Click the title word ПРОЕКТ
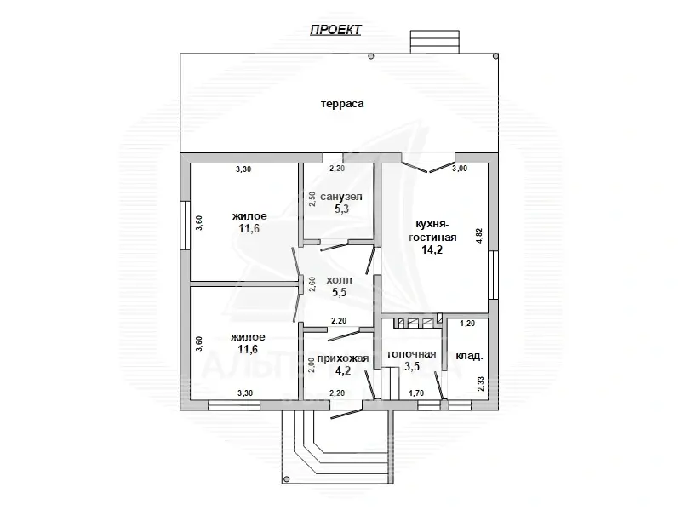tap(335, 30)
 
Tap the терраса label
tap(342, 104)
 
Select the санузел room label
tap(341, 197)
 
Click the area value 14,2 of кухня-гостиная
tap(432, 249)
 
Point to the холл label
tap(339, 280)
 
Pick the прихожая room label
tap(343, 358)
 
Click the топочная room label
tap(411, 354)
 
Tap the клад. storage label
tap(469, 356)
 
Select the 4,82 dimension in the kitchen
tap(479, 236)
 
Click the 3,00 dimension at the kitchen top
tap(460, 169)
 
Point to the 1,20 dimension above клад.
tap(467, 324)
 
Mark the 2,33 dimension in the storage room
tap(480, 384)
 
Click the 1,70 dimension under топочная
tap(416, 393)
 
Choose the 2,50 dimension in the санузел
tap(312, 199)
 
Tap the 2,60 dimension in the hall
tap(312, 284)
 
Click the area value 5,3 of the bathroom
tap(342, 209)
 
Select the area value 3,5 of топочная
tap(412, 367)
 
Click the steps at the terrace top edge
tap(435, 42)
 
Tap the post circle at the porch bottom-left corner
tap(286, 479)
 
